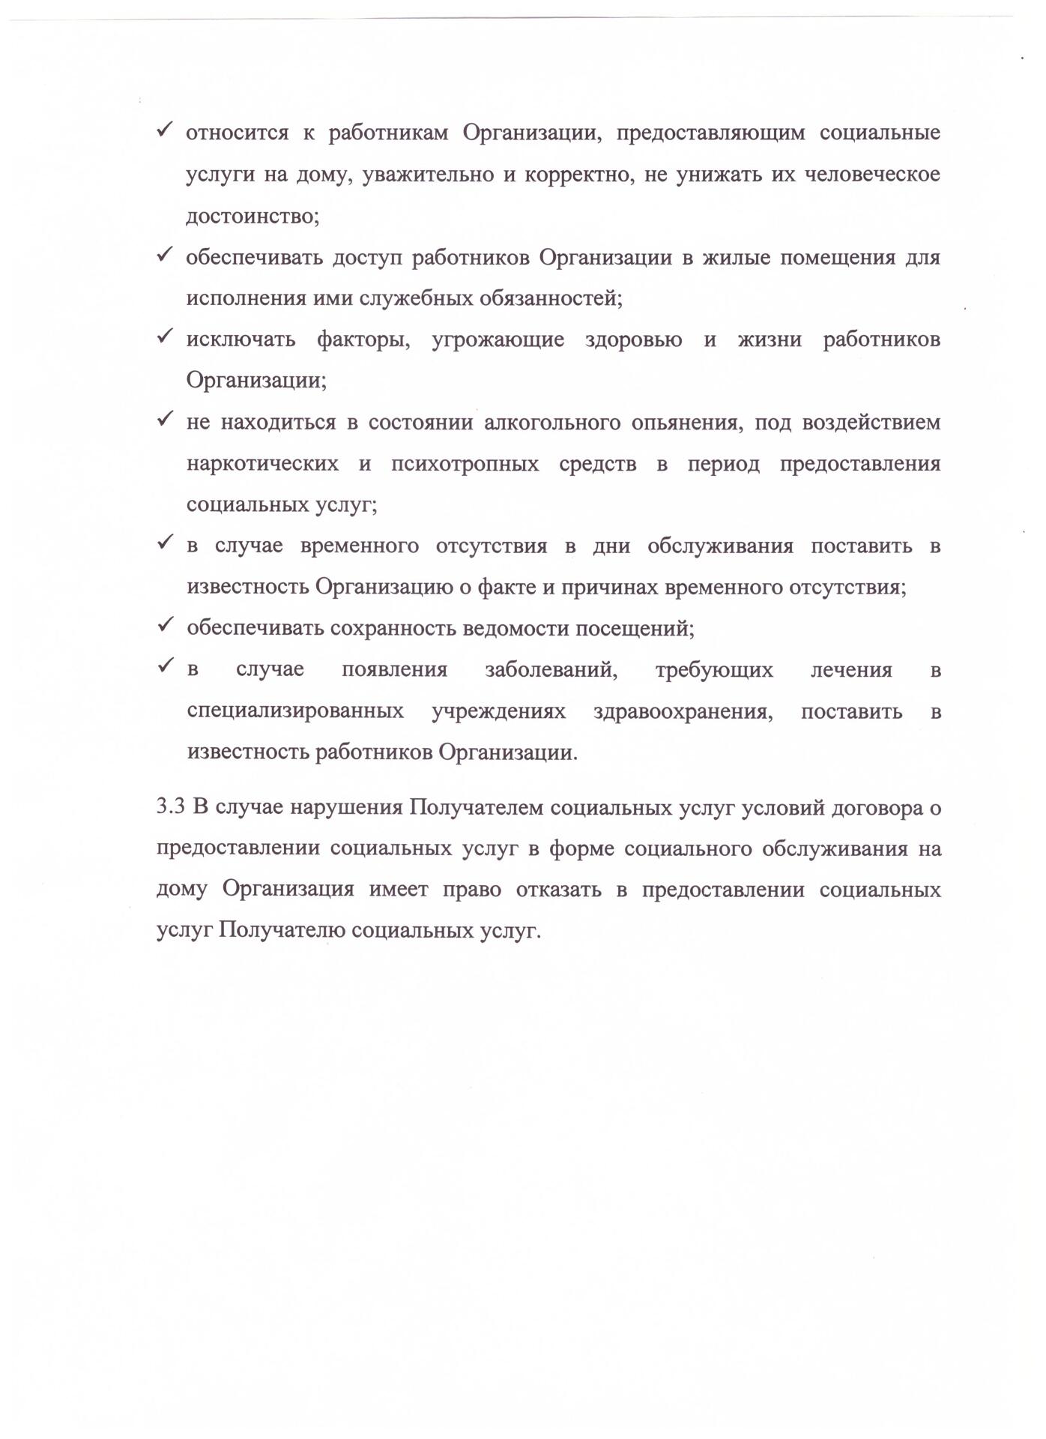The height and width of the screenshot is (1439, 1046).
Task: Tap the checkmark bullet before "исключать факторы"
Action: tap(166, 338)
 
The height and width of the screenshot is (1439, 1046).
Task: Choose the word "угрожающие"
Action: tap(498, 340)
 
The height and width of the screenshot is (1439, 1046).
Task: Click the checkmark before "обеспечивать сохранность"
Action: tap(166, 626)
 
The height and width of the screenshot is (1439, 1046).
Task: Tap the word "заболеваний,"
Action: tap(551, 669)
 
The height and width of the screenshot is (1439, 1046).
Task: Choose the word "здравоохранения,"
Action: tap(683, 711)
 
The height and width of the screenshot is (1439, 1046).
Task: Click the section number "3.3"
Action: tap(171, 809)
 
